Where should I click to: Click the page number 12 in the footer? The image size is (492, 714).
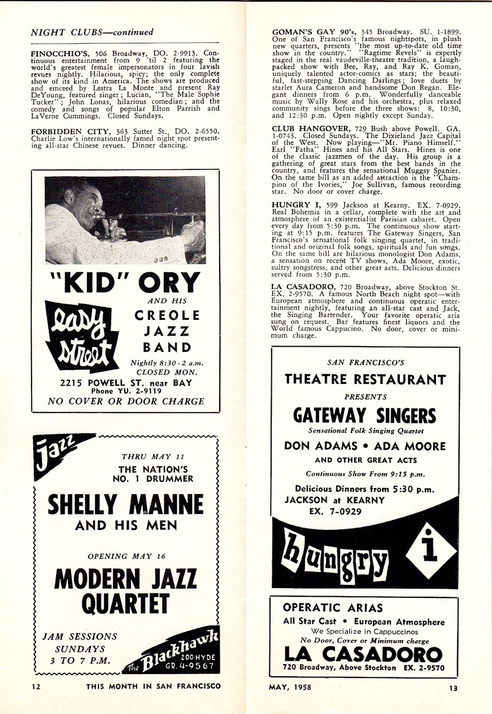coord(36,688)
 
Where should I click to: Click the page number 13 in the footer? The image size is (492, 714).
coord(453,688)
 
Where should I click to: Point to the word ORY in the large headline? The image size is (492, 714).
coord(172,282)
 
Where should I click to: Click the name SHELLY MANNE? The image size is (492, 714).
coord(125,505)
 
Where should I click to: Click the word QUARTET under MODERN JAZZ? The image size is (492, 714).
coord(125,604)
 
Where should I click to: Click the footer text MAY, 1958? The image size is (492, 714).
coord(290,688)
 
